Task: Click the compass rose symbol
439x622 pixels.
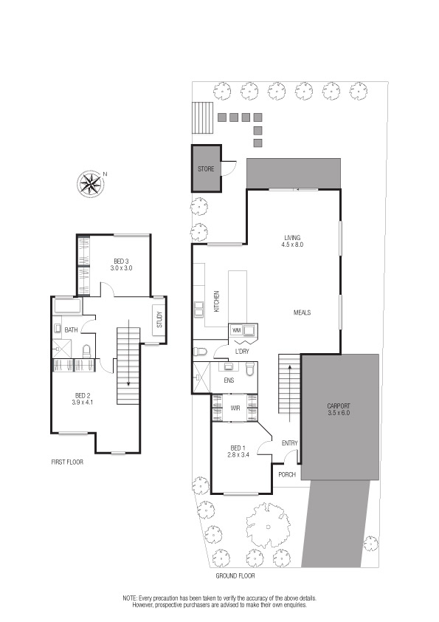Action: click(90, 184)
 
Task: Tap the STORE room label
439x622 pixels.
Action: click(206, 169)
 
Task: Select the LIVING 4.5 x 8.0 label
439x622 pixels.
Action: click(292, 241)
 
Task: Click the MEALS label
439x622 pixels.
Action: click(302, 312)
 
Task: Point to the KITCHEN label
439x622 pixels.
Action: click(216, 301)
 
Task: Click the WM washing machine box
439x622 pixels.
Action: click(237, 330)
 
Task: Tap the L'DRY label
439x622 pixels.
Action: click(242, 352)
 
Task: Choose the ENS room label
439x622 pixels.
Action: click(229, 380)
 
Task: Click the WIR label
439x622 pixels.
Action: click(235, 408)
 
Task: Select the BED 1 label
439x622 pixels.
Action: click(238, 448)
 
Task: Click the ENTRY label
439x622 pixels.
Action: click(290, 443)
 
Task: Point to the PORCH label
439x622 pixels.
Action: click(287, 474)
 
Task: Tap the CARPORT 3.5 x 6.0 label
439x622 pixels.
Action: click(339, 409)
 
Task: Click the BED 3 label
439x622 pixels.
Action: click(121, 261)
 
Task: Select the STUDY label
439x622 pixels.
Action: click(159, 320)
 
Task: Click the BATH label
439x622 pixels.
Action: click(71, 330)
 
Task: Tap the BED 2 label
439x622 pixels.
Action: click(83, 395)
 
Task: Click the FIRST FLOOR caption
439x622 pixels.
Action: click(67, 462)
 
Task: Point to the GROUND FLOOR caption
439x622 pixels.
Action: click(235, 575)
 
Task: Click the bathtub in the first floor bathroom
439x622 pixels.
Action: click(68, 307)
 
